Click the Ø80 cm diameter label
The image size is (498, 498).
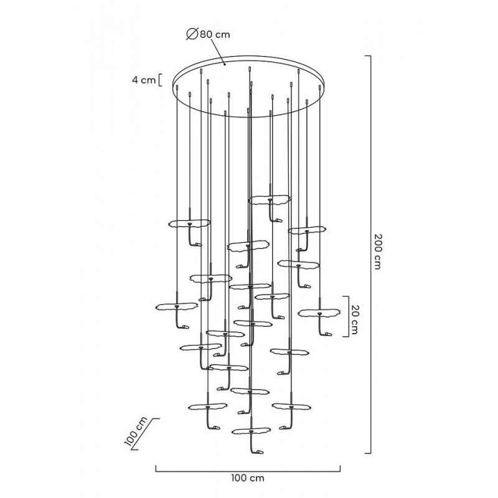coord(209,35)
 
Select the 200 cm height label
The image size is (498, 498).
coord(376,252)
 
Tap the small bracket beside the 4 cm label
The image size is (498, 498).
coord(160,80)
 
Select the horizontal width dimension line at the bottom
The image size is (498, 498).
coord(247,467)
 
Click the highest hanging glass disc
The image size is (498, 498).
coord(270,200)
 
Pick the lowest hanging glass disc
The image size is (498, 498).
coord(251,430)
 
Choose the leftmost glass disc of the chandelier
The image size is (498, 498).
coord(176,307)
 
